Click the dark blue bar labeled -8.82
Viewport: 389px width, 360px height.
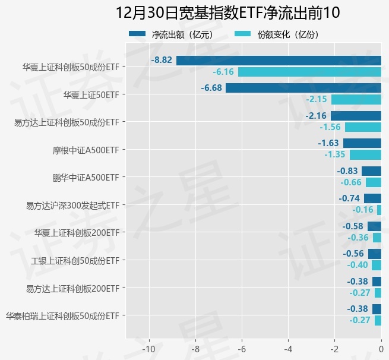[279, 60]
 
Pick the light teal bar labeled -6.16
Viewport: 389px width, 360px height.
[309, 72]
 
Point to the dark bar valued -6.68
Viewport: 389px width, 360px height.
[303, 88]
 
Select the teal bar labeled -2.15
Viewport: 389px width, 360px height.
[356, 99]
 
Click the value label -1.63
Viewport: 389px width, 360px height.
[328, 143]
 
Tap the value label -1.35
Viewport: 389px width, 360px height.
[335, 154]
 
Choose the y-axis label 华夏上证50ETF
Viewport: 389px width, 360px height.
[91, 94]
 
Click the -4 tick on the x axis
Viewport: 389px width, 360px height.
[288, 349]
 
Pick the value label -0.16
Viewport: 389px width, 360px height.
[362, 210]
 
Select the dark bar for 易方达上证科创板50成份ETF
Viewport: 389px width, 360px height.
[356, 115]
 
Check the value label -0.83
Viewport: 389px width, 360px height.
[348, 171]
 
